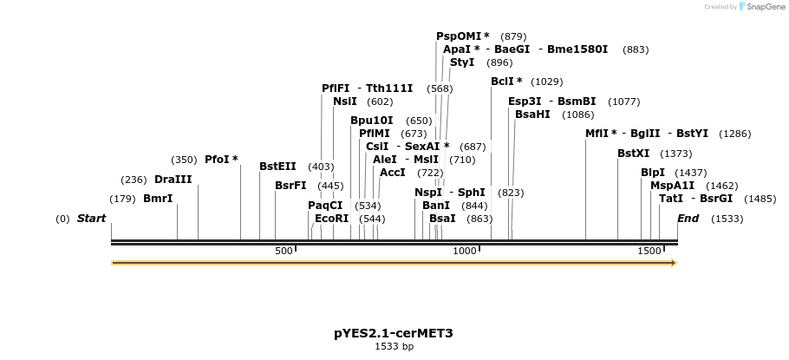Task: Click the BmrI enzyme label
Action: click(x=158, y=199)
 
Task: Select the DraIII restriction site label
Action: click(x=173, y=180)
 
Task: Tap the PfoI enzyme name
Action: click(x=218, y=160)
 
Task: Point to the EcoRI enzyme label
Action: click(x=332, y=219)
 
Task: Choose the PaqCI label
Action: click(x=325, y=206)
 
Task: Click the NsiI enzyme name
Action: click(x=344, y=101)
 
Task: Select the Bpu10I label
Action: click(x=371, y=121)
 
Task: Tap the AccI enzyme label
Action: click(x=392, y=173)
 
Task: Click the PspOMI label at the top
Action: click(x=458, y=36)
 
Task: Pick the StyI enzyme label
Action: click(x=462, y=62)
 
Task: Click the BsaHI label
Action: click(x=532, y=115)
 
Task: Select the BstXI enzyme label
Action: click(x=633, y=154)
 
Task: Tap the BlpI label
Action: click(x=653, y=173)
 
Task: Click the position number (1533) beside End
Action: click(x=727, y=219)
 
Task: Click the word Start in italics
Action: click(x=91, y=219)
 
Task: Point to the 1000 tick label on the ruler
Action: click(x=465, y=251)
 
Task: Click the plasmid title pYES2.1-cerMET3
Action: click(x=394, y=333)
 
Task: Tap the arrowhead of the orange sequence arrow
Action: click(x=672, y=262)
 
